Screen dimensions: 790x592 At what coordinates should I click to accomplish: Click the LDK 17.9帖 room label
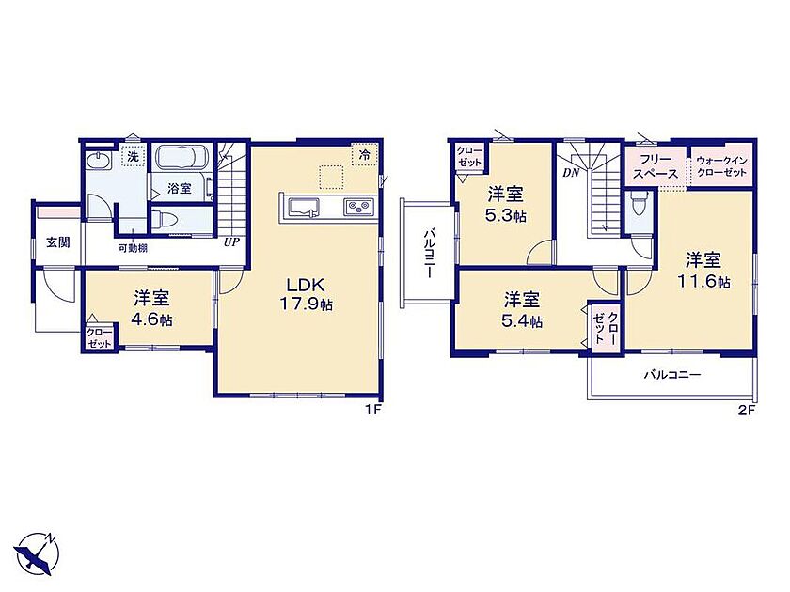(306, 294)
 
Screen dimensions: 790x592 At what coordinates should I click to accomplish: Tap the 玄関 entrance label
(58, 242)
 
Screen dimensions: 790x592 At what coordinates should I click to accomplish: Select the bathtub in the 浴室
(181, 157)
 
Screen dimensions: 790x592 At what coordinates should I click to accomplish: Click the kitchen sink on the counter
(303, 208)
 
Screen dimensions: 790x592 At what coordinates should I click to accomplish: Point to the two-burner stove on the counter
(358, 207)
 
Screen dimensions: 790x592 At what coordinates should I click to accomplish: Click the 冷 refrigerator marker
(364, 155)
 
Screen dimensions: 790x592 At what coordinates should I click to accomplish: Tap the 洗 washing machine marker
(133, 156)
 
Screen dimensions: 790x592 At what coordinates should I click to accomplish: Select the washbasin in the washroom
(98, 161)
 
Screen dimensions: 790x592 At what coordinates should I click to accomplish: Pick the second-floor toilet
(639, 205)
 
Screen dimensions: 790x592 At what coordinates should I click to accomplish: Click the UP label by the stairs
(231, 242)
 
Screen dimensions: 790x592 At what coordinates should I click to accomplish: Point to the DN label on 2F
(571, 173)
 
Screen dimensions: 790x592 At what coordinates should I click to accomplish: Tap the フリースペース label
(656, 167)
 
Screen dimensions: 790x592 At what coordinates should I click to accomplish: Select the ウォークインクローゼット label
(721, 166)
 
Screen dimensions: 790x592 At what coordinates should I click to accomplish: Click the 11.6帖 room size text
(703, 281)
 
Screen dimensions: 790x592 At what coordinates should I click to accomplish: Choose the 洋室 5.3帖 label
(505, 205)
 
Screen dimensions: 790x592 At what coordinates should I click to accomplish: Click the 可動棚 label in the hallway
(133, 248)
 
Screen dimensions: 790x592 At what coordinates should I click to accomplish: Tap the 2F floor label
(748, 410)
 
